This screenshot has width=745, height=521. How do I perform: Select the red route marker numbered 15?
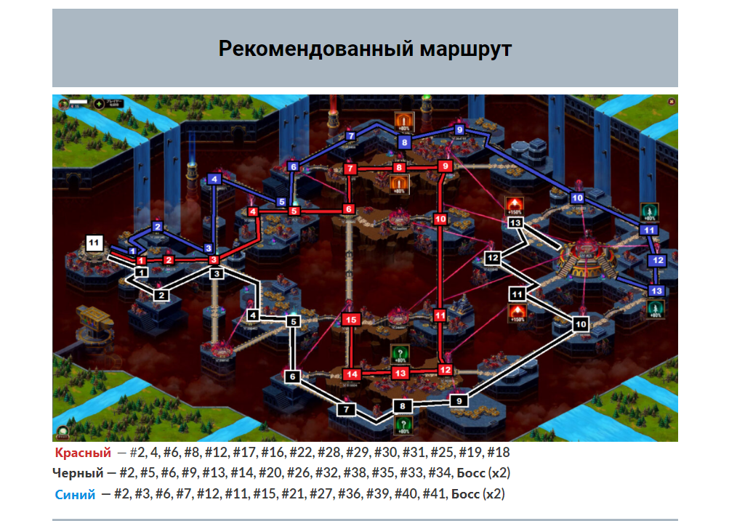(351, 319)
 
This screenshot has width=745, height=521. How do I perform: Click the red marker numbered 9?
(446, 166)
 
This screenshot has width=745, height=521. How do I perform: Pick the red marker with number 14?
(351, 374)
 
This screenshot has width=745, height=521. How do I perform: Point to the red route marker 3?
(214, 259)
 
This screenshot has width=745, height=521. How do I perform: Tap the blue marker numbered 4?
(214, 179)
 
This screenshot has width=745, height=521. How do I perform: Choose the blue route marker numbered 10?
(578, 198)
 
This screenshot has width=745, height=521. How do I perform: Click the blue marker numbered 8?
(405, 142)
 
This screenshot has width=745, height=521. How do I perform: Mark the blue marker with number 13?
(656, 291)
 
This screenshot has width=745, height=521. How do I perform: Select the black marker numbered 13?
(516, 222)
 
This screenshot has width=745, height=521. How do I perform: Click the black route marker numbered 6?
(292, 376)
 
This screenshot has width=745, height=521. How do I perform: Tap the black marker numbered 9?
(459, 400)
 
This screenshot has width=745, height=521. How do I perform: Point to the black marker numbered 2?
(161, 295)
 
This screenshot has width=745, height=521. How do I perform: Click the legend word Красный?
(83, 453)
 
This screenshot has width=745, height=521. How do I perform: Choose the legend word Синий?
(75, 495)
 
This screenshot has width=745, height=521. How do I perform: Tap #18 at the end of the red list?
(499, 453)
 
